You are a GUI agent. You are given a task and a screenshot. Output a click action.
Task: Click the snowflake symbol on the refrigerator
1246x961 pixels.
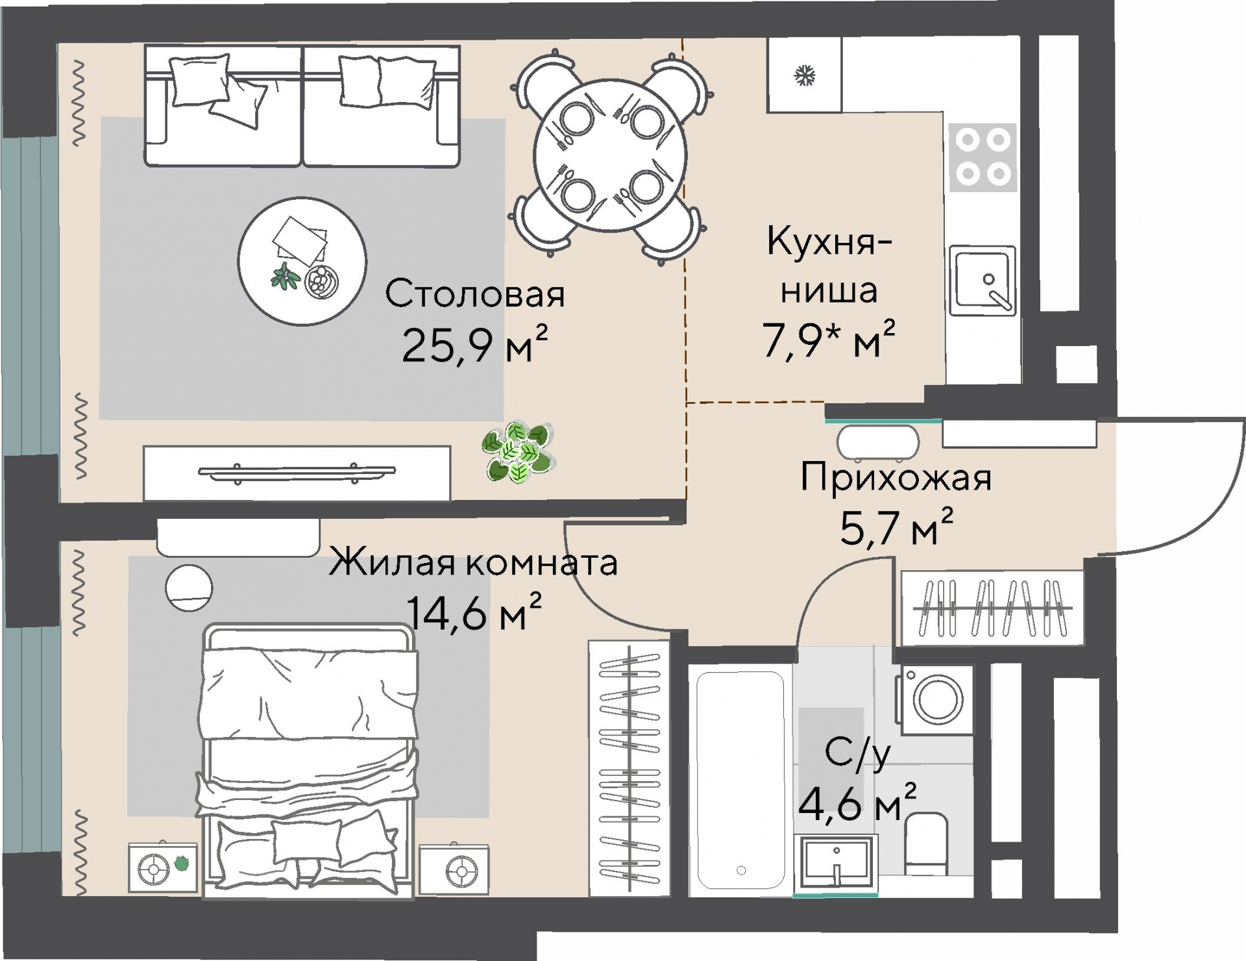[x=805, y=76]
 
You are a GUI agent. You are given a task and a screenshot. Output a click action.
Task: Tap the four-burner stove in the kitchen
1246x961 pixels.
[x=981, y=158]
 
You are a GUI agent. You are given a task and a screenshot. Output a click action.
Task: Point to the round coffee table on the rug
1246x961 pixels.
[x=302, y=261]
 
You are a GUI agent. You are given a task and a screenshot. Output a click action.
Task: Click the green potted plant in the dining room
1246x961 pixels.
[x=517, y=452]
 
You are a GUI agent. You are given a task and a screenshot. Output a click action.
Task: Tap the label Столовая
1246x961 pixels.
[x=475, y=294]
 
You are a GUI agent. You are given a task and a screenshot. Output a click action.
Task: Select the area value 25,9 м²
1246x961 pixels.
[x=475, y=345]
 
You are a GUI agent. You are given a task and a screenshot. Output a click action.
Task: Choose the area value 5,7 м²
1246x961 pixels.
[x=896, y=529]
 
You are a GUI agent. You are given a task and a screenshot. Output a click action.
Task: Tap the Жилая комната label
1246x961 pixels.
[x=473, y=562]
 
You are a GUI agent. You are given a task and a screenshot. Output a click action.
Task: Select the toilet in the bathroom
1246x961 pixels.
[x=927, y=844]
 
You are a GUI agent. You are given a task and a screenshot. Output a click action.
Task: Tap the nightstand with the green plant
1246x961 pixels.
[x=162, y=867]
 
